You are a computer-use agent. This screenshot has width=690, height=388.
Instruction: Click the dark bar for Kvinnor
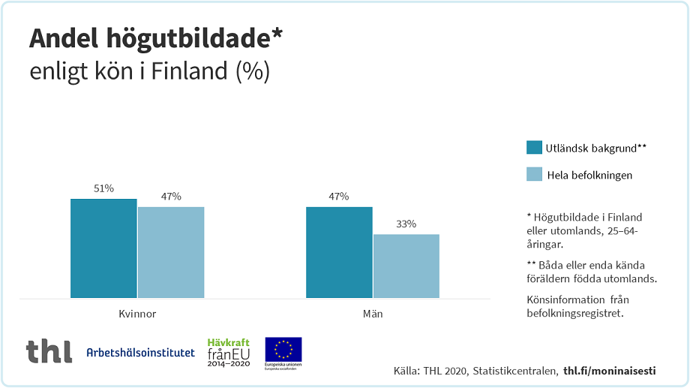[x=103, y=248]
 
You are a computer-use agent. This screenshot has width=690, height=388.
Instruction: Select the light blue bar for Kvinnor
[x=171, y=252]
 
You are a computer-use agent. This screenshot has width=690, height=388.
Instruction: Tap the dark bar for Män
[x=339, y=252]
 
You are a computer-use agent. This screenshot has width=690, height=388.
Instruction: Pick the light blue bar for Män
[x=406, y=266]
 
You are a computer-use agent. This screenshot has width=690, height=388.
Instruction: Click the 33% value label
[x=406, y=224]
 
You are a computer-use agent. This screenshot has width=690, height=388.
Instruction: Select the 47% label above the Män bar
[x=339, y=197]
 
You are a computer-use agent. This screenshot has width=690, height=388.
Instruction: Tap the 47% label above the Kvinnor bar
[x=171, y=197]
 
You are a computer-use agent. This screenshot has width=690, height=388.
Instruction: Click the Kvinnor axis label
[x=137, y=314]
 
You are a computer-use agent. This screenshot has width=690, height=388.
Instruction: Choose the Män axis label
[x=373, y=314]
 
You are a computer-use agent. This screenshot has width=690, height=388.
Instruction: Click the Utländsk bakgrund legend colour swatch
[x=534, y=148]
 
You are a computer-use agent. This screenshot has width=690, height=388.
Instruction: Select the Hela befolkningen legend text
[x=589, y=175]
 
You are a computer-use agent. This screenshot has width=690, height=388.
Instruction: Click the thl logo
[x=49, y=351]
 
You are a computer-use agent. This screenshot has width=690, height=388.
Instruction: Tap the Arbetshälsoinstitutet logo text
[x=140, y=353]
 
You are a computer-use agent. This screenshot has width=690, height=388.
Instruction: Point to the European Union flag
[x=283, y=349]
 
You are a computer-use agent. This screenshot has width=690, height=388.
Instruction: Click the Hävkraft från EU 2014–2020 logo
[x=228, y=352]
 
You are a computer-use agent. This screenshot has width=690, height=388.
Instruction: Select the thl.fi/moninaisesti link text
[x=609, y=371]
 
